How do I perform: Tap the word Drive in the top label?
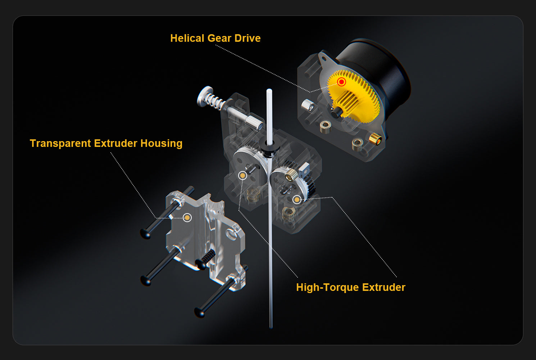tap(247, 38)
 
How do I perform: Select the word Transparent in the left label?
tap(60, 144)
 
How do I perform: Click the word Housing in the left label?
tap(161, 144)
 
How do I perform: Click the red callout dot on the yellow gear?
tap(341, 82)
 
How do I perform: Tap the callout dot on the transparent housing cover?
tap(187, 217)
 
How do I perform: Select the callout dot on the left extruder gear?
tap(242, 176)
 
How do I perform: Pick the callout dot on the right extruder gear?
tap(297, 199)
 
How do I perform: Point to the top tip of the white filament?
tap(269, 90)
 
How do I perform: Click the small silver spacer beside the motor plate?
tap(308, 105)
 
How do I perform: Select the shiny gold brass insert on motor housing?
tap(375, 139)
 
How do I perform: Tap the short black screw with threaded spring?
tap(205, 260)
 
